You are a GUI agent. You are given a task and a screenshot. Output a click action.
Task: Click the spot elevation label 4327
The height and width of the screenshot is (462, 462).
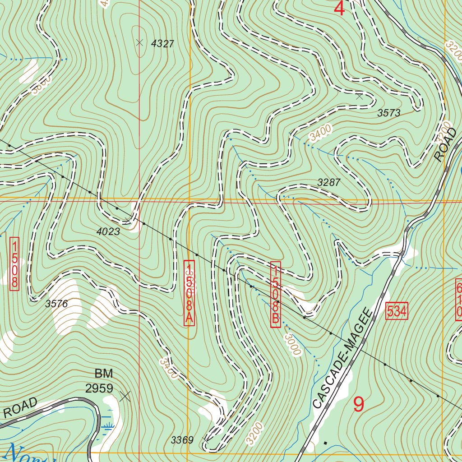click(x=162, y=44)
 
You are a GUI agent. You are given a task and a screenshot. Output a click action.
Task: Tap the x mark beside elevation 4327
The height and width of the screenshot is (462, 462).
click(x=139, y=42)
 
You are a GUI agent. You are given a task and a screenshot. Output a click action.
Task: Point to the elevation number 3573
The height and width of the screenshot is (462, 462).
click(x=388, y=113)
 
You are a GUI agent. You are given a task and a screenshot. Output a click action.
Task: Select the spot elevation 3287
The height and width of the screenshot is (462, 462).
click(x=329, y=183)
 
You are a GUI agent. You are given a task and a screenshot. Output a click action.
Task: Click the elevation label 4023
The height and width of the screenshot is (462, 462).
click(x=108, y=232)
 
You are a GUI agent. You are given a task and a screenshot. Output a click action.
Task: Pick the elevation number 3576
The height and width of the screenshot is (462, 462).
click(x=56, y=304)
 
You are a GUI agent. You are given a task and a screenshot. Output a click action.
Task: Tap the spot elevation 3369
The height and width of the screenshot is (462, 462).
click(x=182, y=440)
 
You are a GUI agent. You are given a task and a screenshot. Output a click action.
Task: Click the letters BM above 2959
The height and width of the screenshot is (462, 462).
click(x=103, y=374)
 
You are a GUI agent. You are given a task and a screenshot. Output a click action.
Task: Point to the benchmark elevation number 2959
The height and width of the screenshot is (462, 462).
click(x=99, y=388)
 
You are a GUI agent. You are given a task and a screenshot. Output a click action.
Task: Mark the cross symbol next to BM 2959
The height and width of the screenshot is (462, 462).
click(x=125, y=396)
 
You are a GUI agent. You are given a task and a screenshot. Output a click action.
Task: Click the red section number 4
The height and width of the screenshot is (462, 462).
click(x=339, y=8)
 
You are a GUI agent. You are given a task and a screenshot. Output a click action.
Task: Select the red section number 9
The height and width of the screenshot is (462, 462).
click(x=358, y=404)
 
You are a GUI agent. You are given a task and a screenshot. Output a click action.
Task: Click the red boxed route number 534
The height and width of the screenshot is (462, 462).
click(x=397, y=311)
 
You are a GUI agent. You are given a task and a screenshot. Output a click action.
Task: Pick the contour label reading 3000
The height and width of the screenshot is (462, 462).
click(x=292, y=344)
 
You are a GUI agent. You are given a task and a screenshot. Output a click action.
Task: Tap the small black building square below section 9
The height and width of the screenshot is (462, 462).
click(x=325, y=443)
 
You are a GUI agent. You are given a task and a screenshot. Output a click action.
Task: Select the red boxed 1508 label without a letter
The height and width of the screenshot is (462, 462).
click(x=14, y=264)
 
